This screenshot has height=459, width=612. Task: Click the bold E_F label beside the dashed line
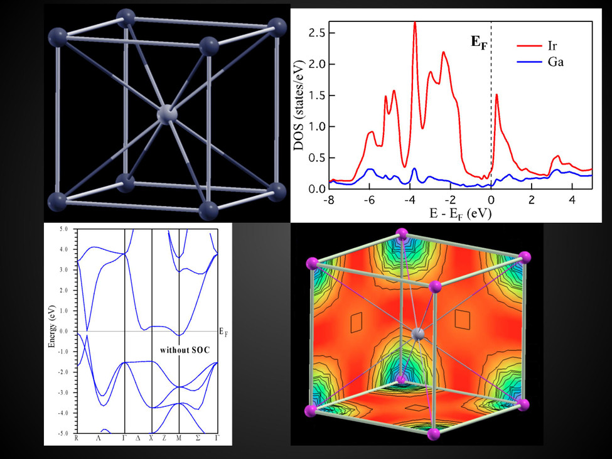[479, 43]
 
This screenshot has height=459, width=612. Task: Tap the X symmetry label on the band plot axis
[151, 438]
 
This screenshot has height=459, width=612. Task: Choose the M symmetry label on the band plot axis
[179, 438]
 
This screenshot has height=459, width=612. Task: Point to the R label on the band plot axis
[77, 438]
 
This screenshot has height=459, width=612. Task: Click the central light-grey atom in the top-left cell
[166, 114]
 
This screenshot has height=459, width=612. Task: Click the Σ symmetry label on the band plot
[198, 438]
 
